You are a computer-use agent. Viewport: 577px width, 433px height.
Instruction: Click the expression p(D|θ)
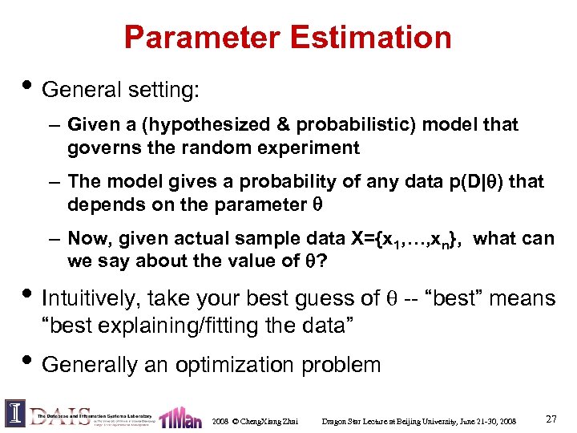(x=475, y=182)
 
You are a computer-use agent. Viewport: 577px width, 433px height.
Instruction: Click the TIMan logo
(x=180, y=416)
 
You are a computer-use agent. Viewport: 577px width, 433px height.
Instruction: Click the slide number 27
(x=551, y=419)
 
